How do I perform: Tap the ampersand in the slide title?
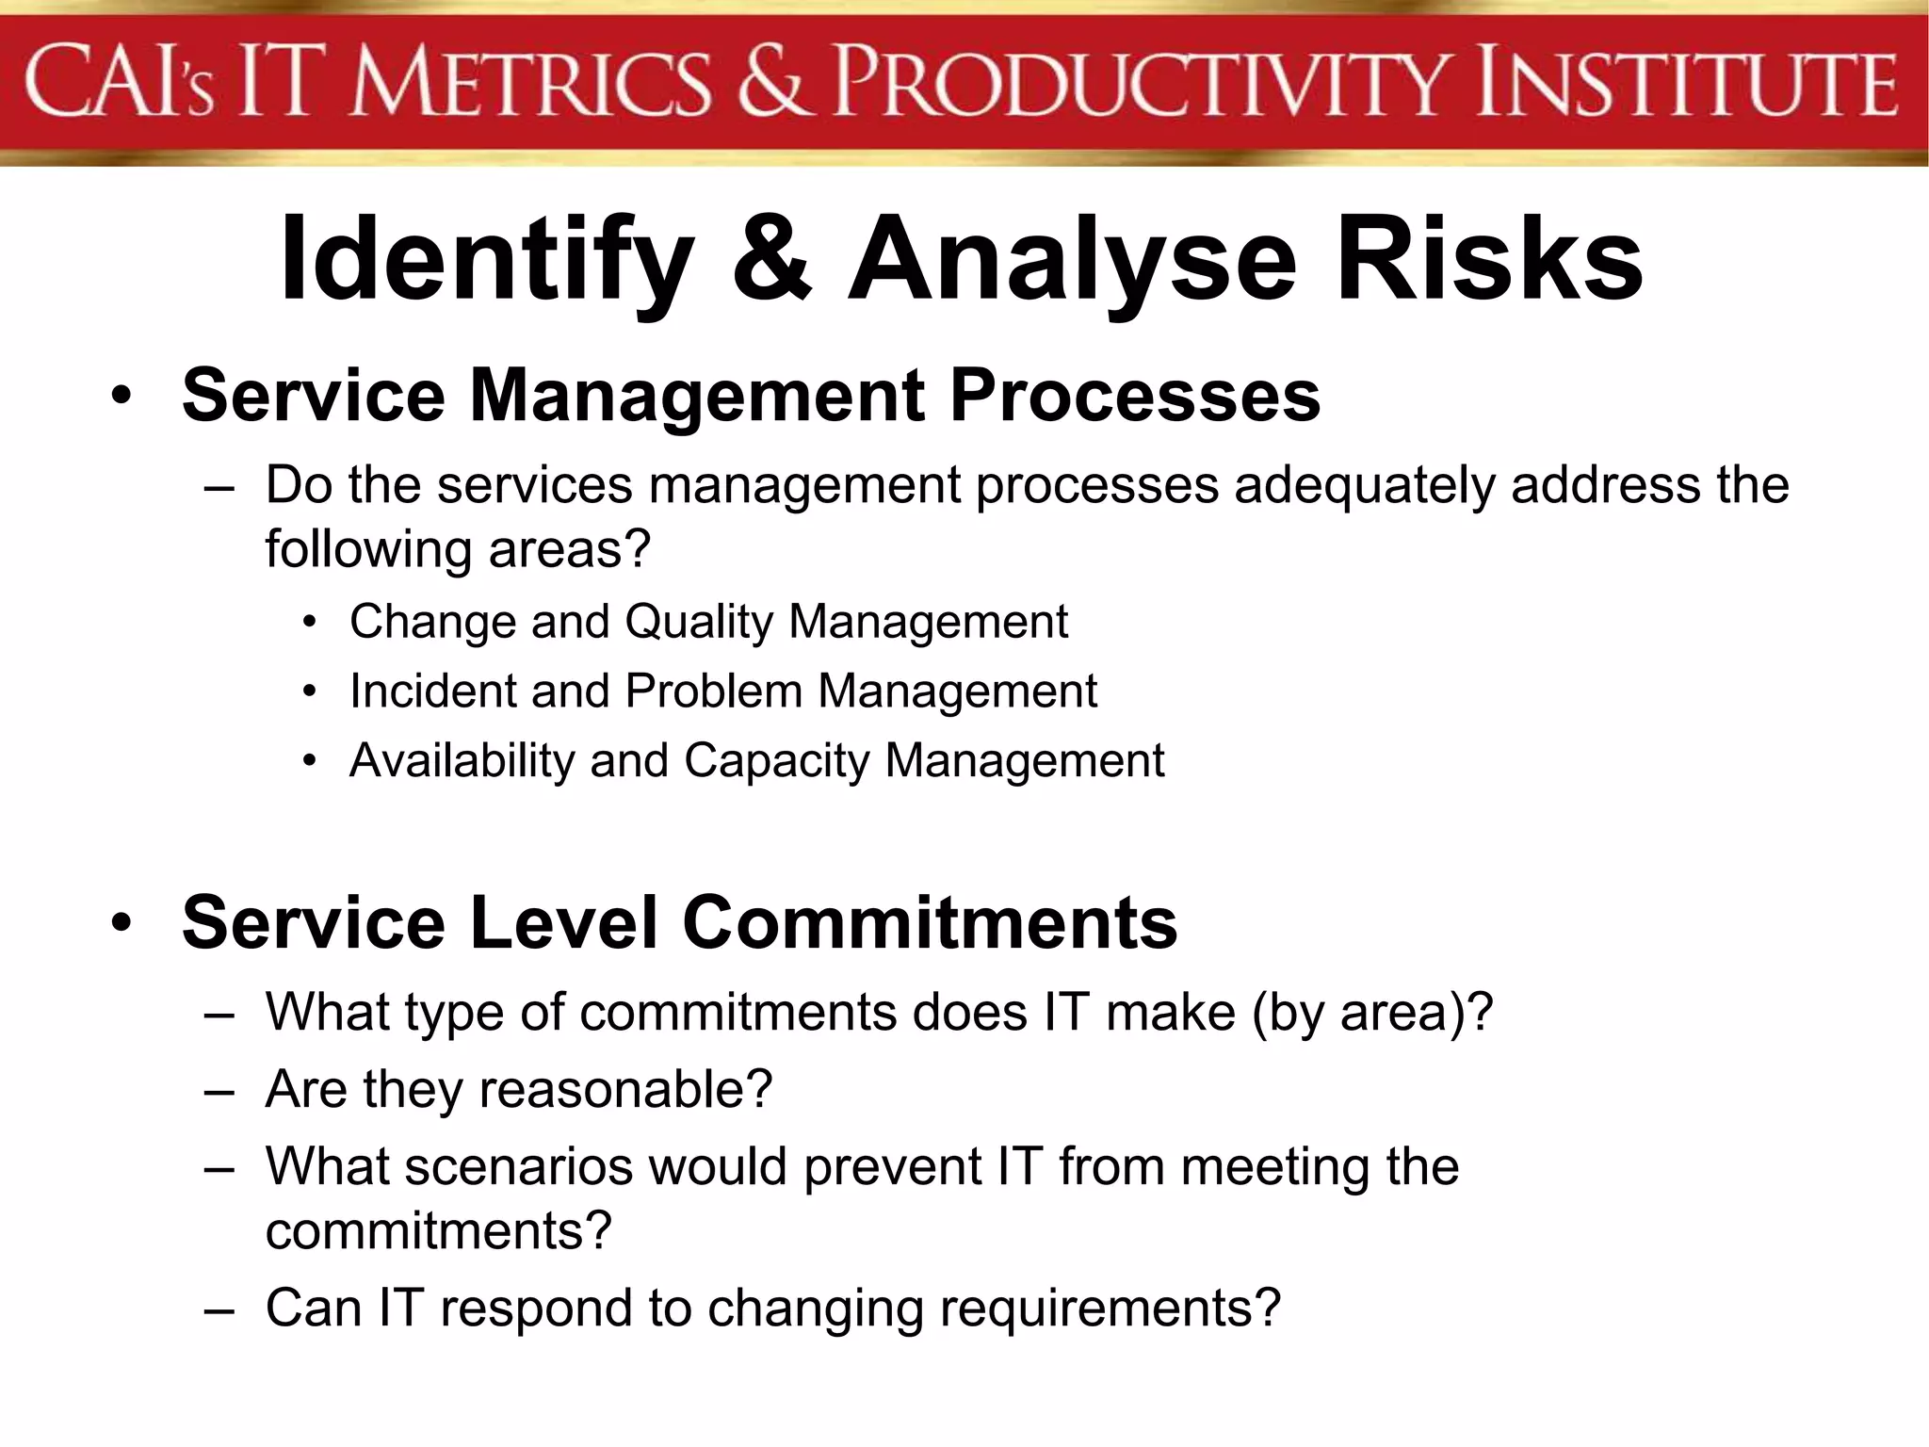click(770, 259)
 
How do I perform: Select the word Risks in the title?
click(1489, 259)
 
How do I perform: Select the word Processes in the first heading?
click(1135, 396)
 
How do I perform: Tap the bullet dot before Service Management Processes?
click(121, 397)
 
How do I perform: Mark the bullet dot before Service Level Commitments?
click(121, 923)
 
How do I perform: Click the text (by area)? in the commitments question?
click(1372, 1014)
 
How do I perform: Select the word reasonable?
click(625, 1090)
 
